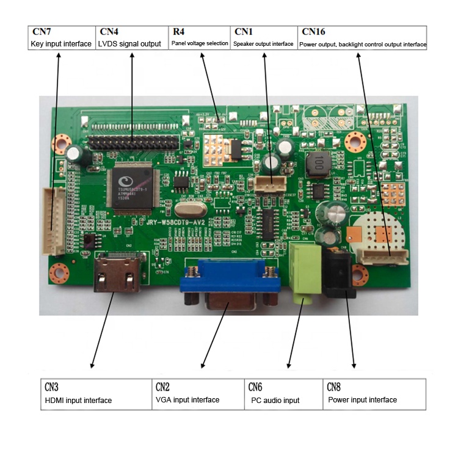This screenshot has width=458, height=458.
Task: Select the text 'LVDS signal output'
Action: [x=129, y=44]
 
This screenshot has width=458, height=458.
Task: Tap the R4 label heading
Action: [x=178, y=31]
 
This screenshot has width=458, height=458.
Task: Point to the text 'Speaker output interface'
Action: [x=263, y=44]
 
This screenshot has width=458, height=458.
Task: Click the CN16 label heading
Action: [x=313, y=31]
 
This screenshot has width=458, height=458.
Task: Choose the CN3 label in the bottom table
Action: [x=51, y=387]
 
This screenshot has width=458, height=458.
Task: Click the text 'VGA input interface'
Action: [x=187, y=400]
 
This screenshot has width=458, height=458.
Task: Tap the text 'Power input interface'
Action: [x=362, y=400]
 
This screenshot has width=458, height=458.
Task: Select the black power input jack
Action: [x=339, y=272]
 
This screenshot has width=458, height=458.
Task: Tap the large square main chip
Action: [x=128, y=183]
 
